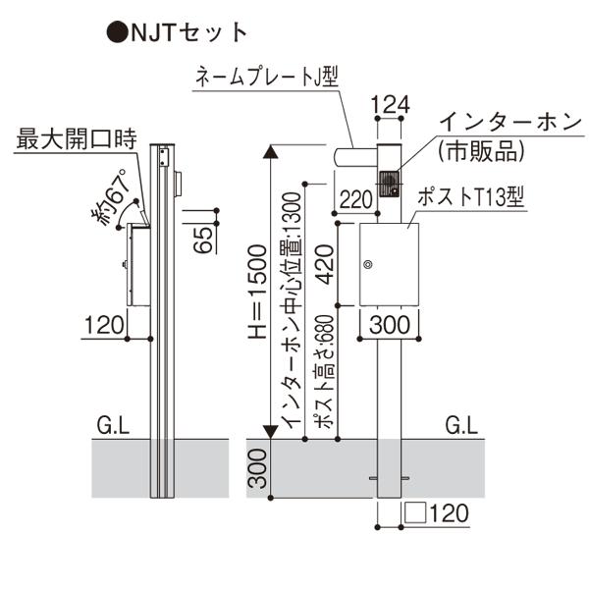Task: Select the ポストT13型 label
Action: pos(473,196)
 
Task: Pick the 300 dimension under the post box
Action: pos(390,324)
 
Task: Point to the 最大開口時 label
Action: pos(74,138)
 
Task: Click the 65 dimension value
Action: pos(203,239)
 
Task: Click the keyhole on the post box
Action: pos(369,263)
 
